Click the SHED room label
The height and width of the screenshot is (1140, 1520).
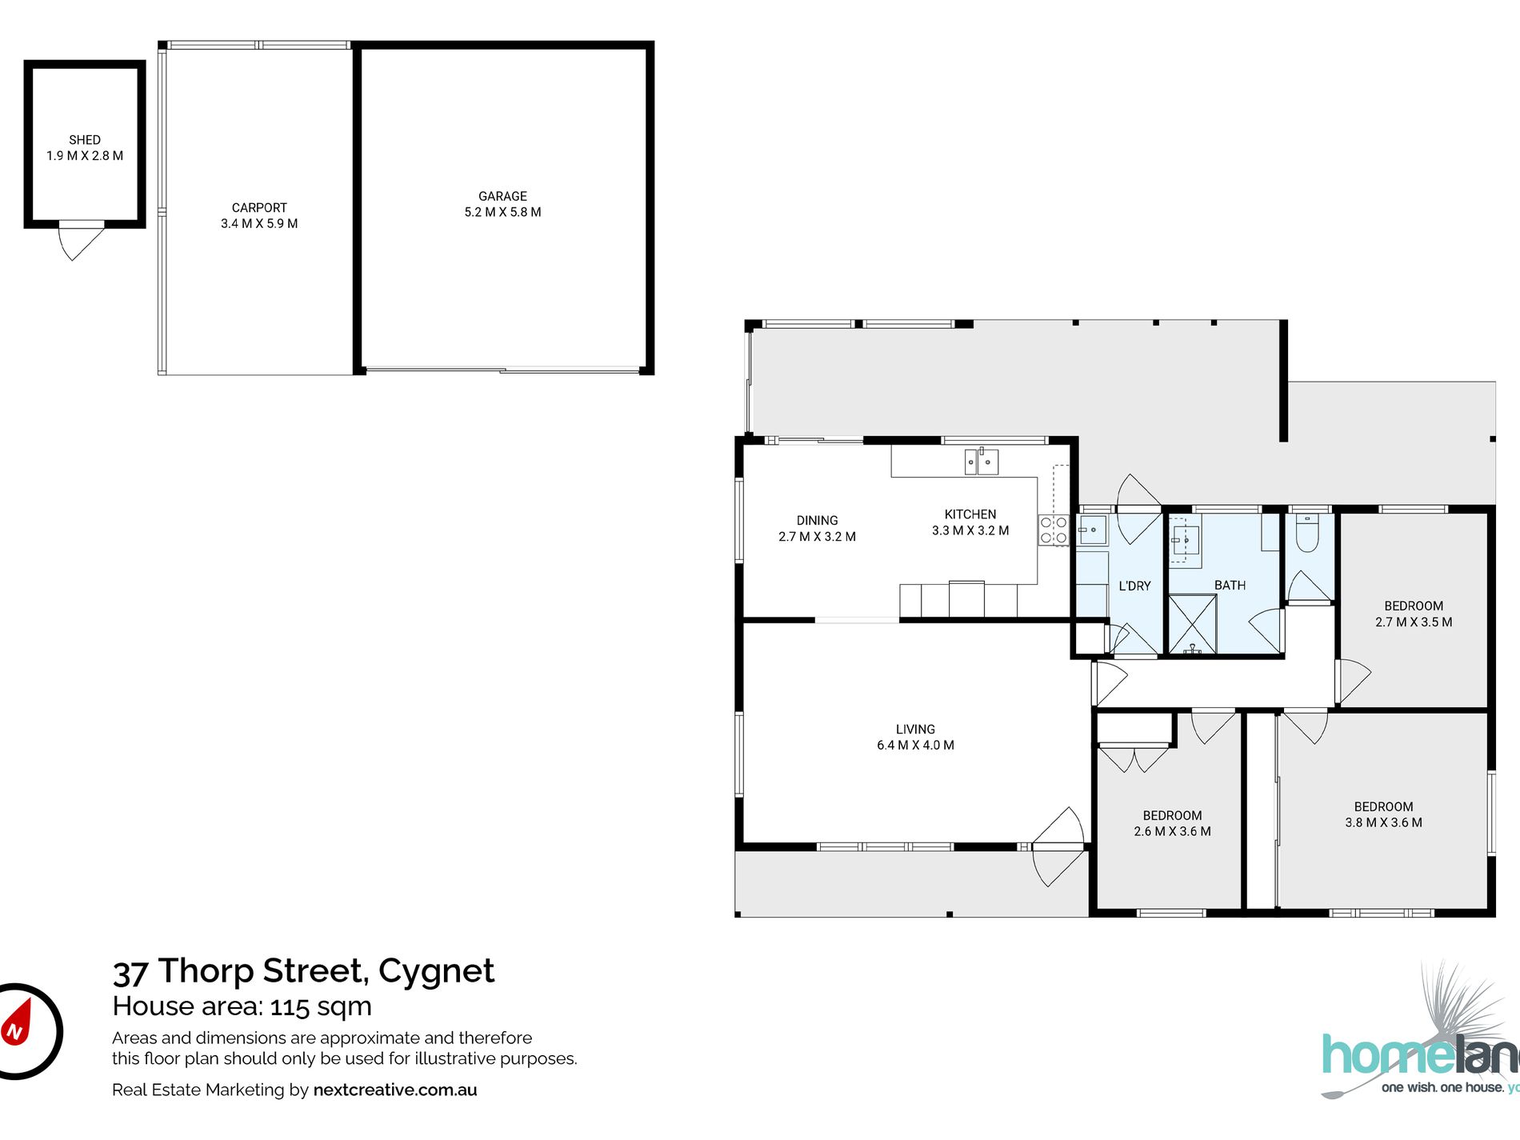point(85,140)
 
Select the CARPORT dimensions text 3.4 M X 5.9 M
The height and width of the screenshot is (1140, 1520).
point(259,224)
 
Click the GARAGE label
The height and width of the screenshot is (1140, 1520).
point(502,196)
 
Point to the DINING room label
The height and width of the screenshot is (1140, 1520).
point(817,520)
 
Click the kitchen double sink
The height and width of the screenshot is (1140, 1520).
point(982,462)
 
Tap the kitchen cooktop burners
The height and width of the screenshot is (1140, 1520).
point(1053,530)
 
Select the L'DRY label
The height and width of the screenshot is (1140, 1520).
point(1134,586)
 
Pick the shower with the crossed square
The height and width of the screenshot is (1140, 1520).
point(1192,624)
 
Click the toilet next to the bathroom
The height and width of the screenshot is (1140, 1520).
point(1307,534)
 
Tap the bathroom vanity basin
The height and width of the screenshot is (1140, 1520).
point(1186,542)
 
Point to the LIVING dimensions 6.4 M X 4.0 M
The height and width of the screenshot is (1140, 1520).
point(915,746)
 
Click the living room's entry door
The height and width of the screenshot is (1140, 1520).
point(1058,846)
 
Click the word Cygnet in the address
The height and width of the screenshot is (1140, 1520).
point(436,970)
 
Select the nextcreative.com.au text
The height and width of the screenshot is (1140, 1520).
point(395,1090)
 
